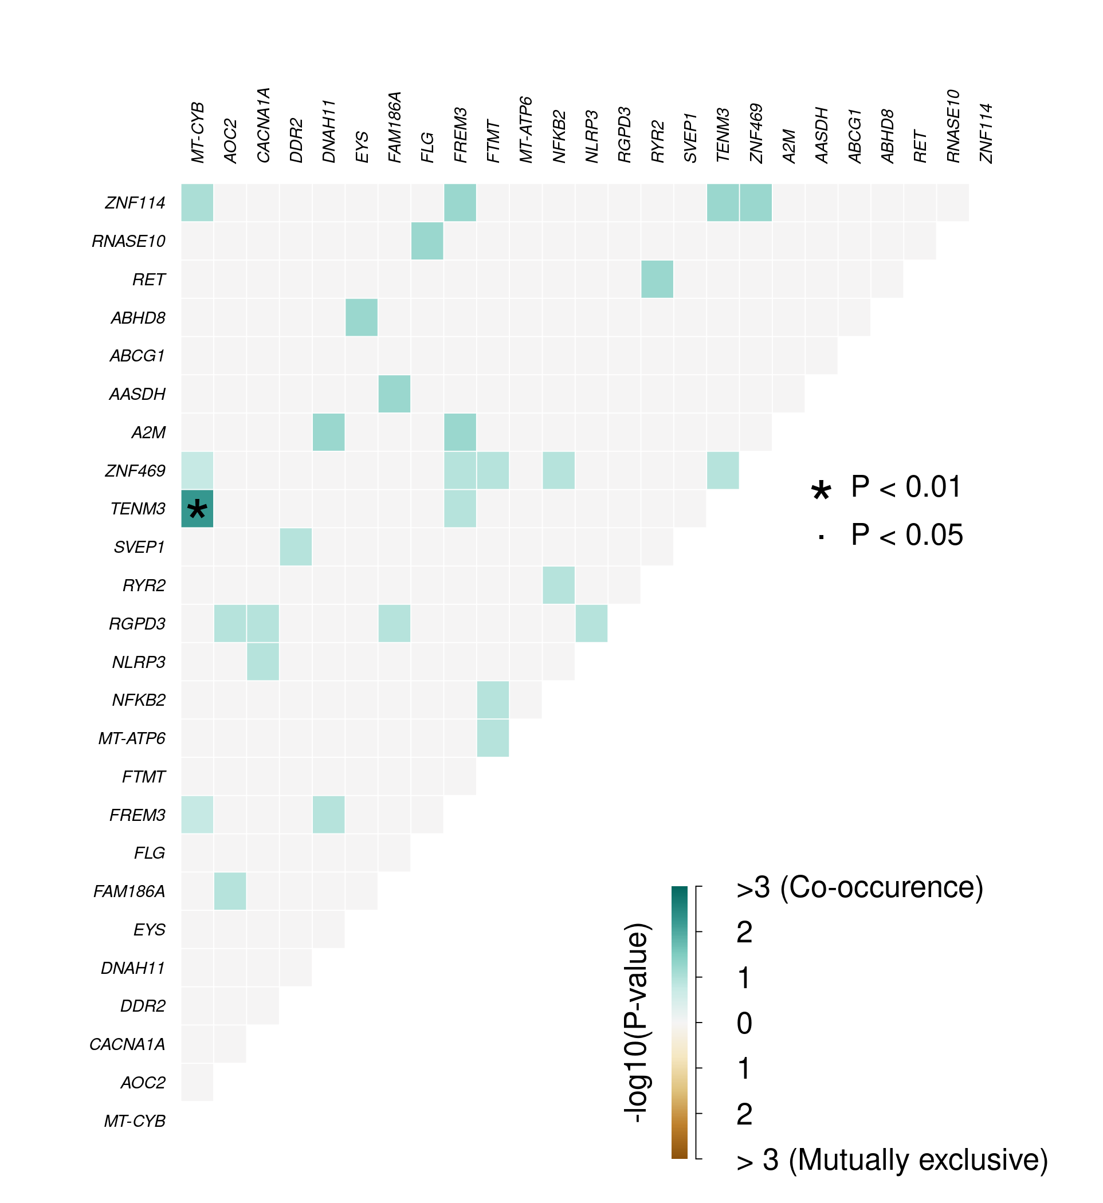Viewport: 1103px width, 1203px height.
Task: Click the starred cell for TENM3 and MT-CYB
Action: (197, 509)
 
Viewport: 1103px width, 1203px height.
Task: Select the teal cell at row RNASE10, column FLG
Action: (427, 241)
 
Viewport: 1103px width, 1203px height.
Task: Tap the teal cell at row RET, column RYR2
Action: (657, 280)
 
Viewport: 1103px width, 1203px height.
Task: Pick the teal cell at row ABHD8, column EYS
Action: (362, 317)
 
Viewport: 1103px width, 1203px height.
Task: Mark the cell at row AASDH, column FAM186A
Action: (395, 394)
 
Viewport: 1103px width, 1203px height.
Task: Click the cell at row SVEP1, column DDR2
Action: (296, 547)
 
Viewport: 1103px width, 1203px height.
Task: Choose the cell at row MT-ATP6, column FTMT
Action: (493, 738)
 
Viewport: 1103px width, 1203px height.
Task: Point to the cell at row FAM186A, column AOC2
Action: (230, 891)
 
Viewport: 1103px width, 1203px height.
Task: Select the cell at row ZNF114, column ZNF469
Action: (756, 203)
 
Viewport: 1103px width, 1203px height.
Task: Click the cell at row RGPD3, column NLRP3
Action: (591, 624)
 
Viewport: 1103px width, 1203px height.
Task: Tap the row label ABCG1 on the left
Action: (138, 356)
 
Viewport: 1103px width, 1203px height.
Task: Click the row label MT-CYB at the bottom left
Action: (135, 1121)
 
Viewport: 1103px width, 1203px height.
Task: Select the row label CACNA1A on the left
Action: (127, 1044)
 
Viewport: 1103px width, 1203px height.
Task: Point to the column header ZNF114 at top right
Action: (986, 133)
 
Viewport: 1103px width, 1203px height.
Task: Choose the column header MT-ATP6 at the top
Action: (526, 129)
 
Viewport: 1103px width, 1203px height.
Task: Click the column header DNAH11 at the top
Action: (329, 131)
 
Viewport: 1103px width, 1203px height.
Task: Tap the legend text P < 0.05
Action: (906, 534)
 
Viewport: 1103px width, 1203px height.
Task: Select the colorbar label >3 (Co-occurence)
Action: (859, 887)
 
